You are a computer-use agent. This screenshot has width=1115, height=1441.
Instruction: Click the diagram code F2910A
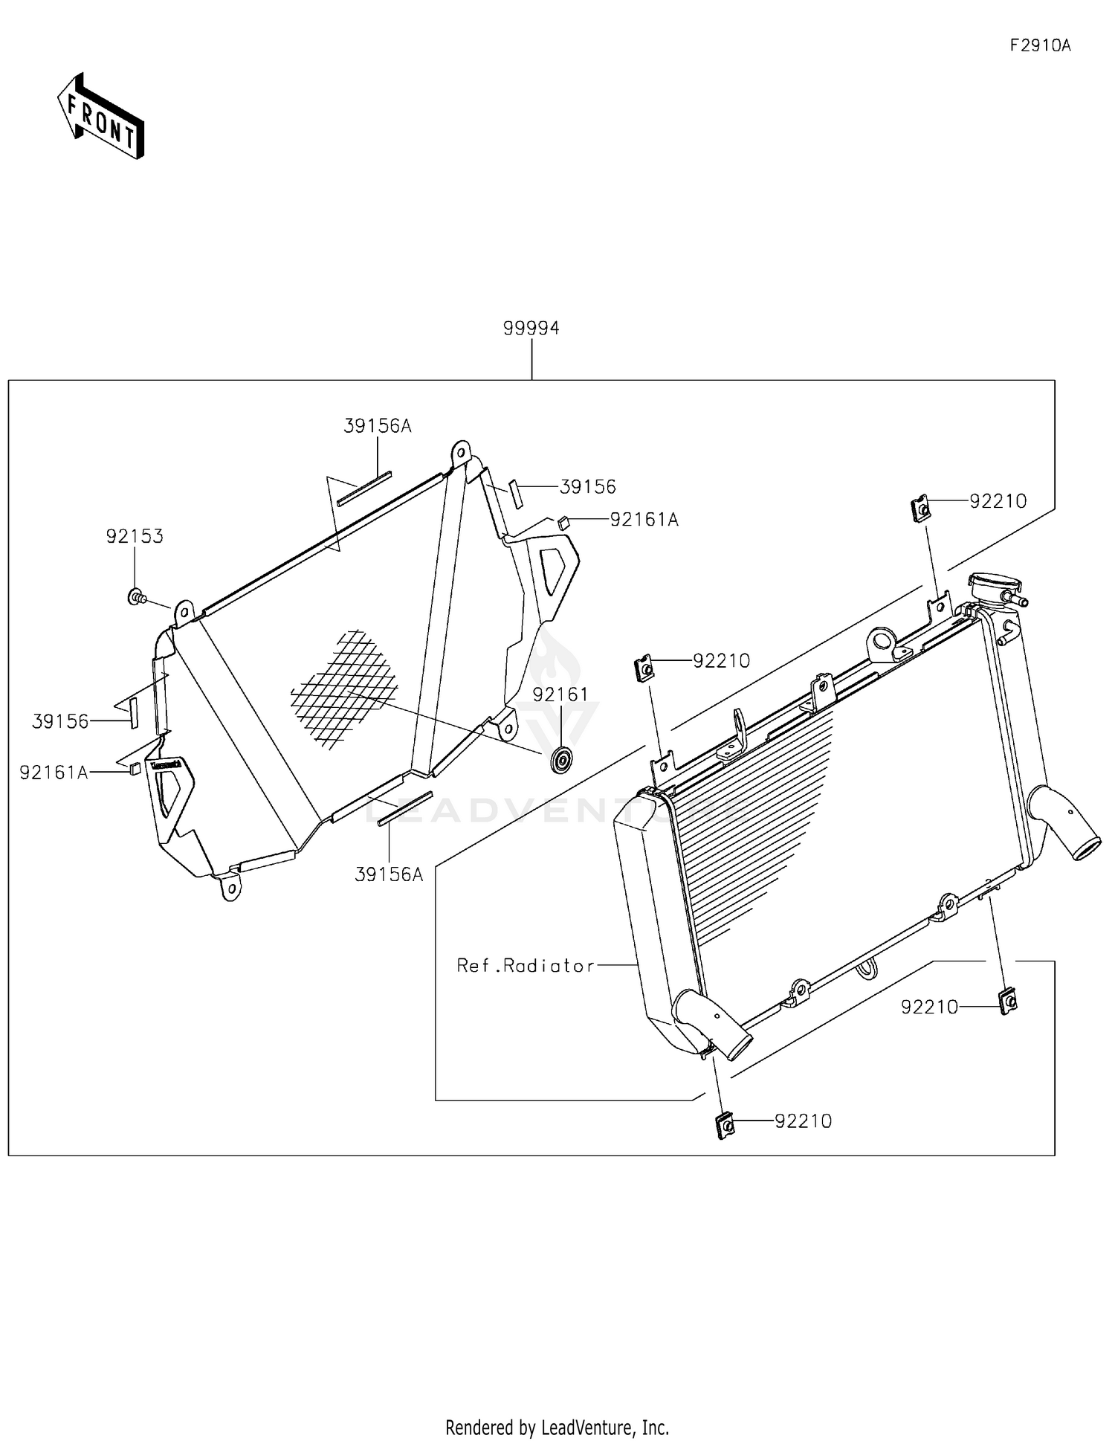pos(1040,45)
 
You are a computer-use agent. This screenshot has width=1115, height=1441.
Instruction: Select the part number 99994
pos(531,328)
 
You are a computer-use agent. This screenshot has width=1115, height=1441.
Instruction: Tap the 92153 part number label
pos(135,536)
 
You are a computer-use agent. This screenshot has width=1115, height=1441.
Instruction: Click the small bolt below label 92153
pos(136,596)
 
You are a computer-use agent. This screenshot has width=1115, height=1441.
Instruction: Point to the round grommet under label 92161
pos(561,761)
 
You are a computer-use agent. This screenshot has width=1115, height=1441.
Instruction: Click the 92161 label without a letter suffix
pos(560,694)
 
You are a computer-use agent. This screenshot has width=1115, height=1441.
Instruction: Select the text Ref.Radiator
pos(526,966)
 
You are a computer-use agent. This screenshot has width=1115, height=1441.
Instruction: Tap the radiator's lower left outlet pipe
pos(714,1026)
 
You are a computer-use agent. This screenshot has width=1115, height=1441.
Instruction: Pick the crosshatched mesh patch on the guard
pos(344,688)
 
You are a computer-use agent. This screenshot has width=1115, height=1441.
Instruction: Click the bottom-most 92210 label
pos(803,1121)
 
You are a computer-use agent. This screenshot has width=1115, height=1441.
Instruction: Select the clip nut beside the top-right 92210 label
pos(921,509)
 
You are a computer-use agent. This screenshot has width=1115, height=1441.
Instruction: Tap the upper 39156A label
pos(378,426)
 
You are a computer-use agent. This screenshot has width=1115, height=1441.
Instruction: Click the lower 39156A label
pos(389,875)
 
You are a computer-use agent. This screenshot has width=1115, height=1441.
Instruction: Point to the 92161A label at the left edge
pos(54,773)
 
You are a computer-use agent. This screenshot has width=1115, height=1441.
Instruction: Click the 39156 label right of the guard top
pos(587,487)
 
